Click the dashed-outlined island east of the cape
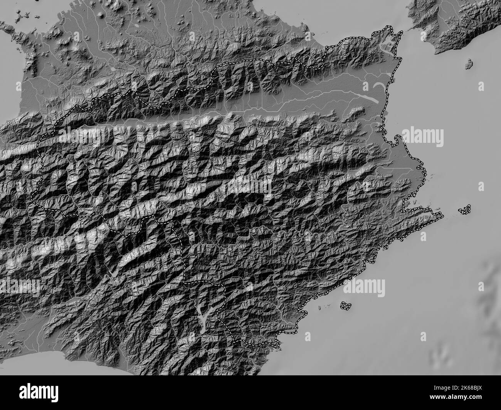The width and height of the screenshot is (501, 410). (465, 209)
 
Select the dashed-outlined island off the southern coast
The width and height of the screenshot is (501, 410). (346, 306)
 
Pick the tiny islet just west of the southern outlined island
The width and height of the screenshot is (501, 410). (320, 307)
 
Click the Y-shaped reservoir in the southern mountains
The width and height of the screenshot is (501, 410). (202, 316)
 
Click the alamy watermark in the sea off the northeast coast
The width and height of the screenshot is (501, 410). (422, 137)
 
